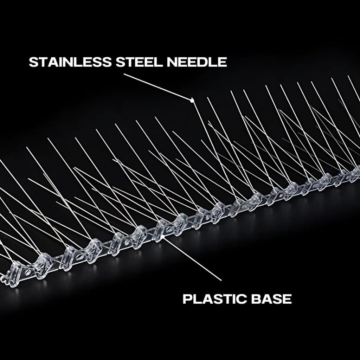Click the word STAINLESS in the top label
pos(70,62)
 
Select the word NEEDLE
pos(197,62)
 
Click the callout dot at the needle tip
pos(192,100)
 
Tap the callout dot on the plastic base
pos(162,236)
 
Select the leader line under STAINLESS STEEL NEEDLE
pos(157,86)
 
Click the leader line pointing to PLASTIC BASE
pos(192,258)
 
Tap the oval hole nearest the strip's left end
pos(27,272)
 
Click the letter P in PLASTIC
pos(187,299)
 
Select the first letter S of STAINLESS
pos(33,62)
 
